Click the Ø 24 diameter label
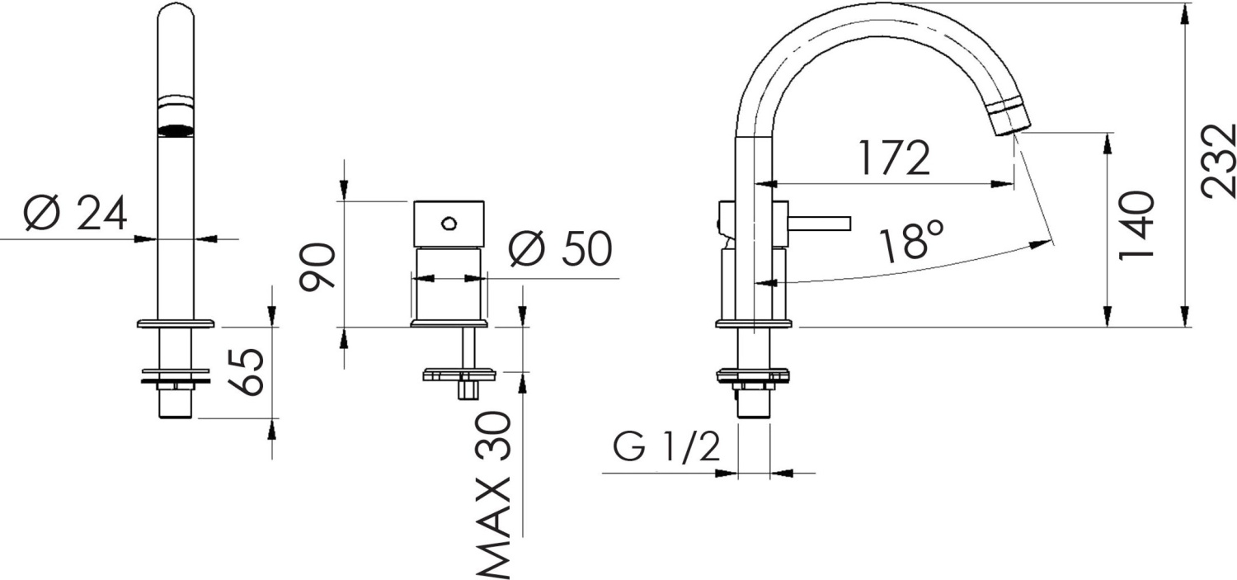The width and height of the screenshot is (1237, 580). click(x=75, y=215)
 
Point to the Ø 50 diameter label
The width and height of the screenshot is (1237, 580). click(x=560, y=249)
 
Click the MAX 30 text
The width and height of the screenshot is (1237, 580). click(x=495, y=495)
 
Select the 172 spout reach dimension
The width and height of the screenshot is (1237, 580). click(x=894, y=158)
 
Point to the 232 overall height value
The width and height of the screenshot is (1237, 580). click(x=1218, y=161)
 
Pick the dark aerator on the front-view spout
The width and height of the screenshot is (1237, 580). click(x=176, y=130)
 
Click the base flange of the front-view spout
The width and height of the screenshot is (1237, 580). click(x=176, y=323)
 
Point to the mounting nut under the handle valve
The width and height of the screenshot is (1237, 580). click(x=459, y=375)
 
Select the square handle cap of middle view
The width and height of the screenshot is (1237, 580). click(x=449, y=224)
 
